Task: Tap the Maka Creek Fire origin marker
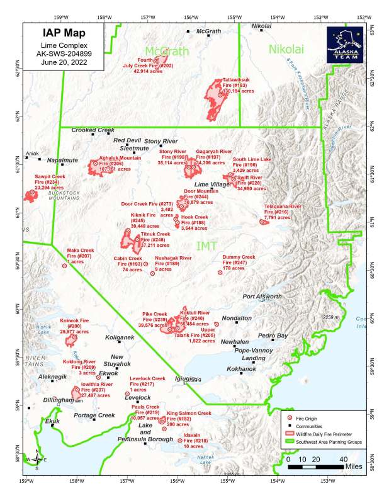tap(64, 266)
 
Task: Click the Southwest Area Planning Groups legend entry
tap(331, 443)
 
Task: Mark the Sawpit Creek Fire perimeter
tap(30, 195)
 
